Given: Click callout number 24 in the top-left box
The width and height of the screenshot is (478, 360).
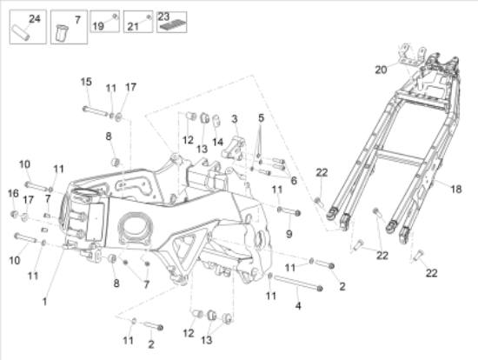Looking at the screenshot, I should coord(34,18).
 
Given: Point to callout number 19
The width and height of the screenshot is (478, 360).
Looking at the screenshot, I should coord(98,27).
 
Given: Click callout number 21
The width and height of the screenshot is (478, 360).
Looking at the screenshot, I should coord(134,27).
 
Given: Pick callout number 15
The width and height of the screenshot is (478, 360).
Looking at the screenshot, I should coord(86,82).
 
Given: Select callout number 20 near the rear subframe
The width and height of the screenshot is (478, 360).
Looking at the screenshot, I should coord(380,70).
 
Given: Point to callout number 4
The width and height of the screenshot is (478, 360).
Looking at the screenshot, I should coord(298,305).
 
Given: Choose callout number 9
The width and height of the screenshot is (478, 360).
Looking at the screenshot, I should coord(289,233).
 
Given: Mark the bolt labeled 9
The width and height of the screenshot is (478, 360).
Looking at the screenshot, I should coord(288,210).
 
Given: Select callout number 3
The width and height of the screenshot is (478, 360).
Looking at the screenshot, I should coord(235,118).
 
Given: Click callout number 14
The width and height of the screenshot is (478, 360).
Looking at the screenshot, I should coord(218,141).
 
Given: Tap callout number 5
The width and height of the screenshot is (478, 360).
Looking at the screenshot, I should coord(260,117).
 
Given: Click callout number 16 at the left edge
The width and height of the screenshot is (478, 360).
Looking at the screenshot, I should coord(13,193).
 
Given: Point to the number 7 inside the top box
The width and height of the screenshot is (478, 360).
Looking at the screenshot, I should coord(76,19).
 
